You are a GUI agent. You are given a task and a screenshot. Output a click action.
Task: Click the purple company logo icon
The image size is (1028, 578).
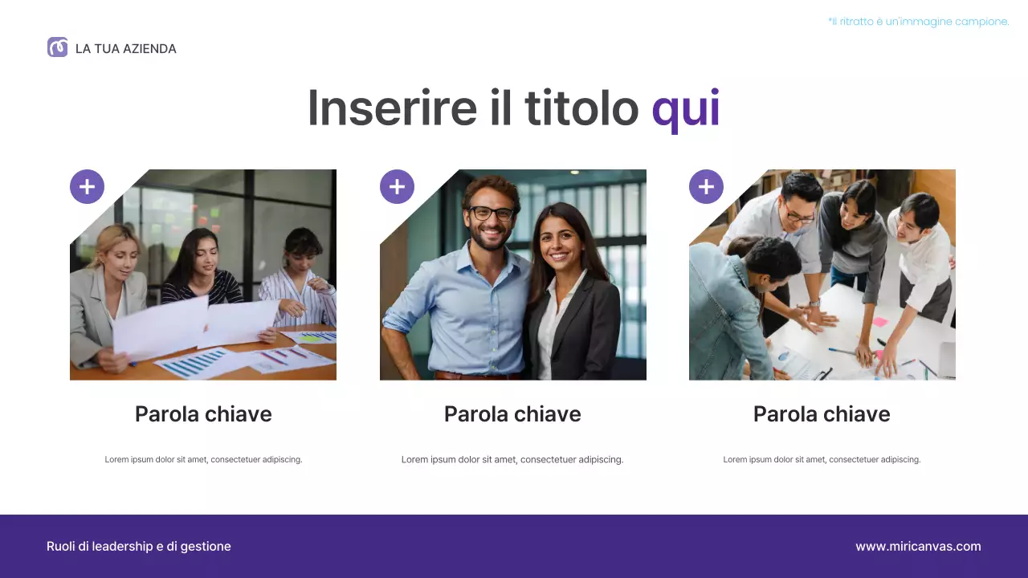point(57,47)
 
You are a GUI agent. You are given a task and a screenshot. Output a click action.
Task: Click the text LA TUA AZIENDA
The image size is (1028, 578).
point(125,49)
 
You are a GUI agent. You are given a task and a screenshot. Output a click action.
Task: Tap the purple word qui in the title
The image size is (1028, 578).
point(685,108)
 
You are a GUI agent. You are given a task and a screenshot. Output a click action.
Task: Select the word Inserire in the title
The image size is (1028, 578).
point(392,108)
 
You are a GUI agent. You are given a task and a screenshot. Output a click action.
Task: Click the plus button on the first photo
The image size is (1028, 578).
point(87,187)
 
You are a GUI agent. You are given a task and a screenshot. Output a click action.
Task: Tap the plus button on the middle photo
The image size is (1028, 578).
point(397,187)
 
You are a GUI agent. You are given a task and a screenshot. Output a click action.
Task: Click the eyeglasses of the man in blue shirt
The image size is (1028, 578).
point(492,213)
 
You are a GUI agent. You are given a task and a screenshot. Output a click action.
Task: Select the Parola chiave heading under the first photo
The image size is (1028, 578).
point(203,414)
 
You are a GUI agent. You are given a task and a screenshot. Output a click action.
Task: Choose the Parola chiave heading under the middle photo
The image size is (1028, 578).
point(512,414)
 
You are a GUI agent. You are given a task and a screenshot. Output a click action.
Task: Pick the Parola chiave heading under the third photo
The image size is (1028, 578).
point(822,414)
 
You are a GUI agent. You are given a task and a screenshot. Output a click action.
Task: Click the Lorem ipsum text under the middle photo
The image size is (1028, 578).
point(512,460)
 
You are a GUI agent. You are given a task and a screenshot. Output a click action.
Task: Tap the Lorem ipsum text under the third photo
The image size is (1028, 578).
point(822,460)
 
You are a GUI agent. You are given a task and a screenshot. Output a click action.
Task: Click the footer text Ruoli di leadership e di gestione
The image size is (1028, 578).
point(139,547)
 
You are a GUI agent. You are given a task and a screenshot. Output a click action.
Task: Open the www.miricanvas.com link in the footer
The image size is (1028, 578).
point(918,547)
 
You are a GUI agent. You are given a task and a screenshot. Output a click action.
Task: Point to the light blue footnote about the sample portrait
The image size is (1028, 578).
point(918,22)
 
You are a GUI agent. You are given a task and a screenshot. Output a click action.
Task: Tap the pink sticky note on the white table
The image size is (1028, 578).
point(879,322)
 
